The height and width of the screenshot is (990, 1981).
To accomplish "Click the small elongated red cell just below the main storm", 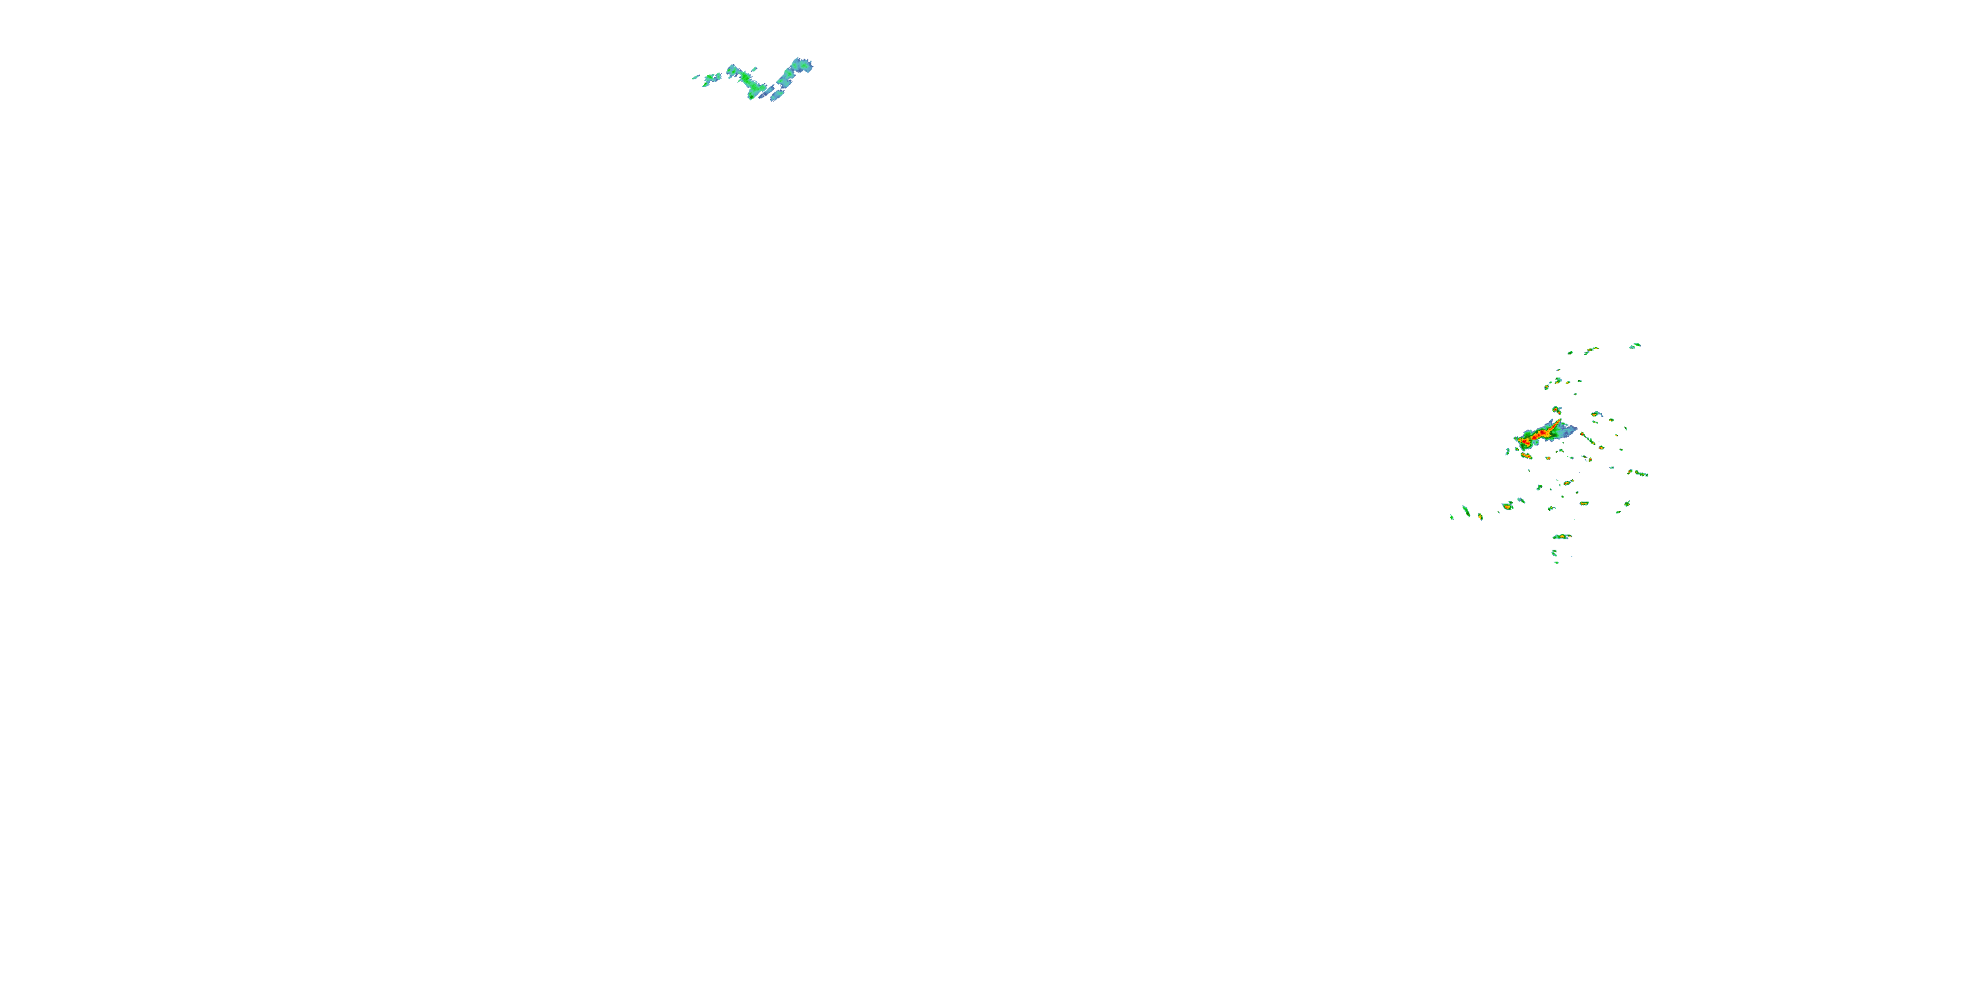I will click(1526, 456).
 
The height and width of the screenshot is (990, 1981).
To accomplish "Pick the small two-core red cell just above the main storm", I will click(1556, 410).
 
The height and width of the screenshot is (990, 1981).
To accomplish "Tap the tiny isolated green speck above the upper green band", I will click(754, 69).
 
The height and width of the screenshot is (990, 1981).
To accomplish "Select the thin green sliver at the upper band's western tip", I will click(695, 77).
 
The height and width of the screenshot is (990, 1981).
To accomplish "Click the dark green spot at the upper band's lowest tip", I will click(751, 97).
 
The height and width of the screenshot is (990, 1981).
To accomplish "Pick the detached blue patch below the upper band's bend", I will click(777, 97).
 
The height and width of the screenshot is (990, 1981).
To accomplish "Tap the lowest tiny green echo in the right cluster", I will click(1556, 562).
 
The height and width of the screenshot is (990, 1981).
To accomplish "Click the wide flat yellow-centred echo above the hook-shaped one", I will click(1562, 536).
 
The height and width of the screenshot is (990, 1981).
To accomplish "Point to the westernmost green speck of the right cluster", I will click(1452, 517).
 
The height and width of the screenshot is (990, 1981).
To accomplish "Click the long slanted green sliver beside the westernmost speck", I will click(1467, 511).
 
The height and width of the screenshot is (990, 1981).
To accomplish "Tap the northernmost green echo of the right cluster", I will click(1635, 345).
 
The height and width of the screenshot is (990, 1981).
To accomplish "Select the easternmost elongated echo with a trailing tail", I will click(1639, 473).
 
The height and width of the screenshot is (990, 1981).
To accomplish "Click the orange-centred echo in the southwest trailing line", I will click(1508, 506).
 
